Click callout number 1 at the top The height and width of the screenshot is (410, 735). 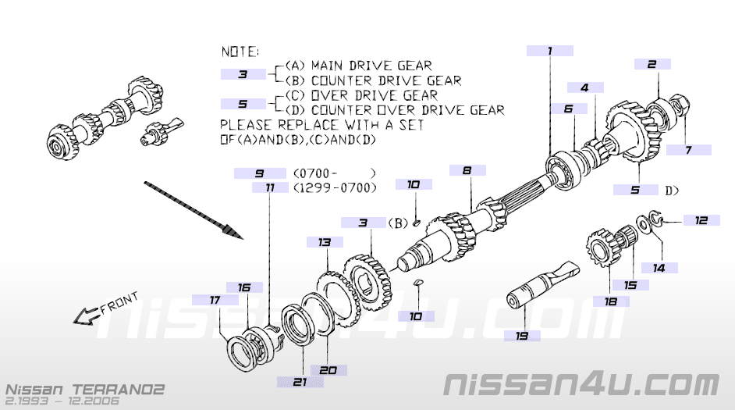coord(549,51)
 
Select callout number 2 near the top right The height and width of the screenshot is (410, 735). coord(652,65)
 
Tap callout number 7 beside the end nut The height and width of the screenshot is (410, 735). coord(688,150)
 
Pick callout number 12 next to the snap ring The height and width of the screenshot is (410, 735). coord(701,220)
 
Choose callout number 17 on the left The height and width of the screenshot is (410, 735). coord(215,300)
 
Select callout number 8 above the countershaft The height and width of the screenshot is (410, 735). coord(467,170)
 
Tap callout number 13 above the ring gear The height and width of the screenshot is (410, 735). coord(325,243)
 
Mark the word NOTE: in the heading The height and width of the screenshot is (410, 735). coord(240,51)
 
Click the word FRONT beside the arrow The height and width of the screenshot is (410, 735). coord(119,304)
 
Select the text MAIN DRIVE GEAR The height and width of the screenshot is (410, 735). coord(371,66)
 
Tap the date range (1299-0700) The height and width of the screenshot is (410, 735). coord(335,187)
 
